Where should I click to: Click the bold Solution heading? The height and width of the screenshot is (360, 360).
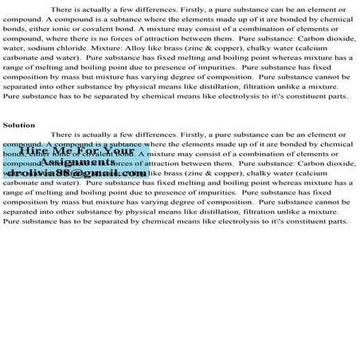19,125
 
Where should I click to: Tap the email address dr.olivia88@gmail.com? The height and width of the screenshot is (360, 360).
78,172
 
